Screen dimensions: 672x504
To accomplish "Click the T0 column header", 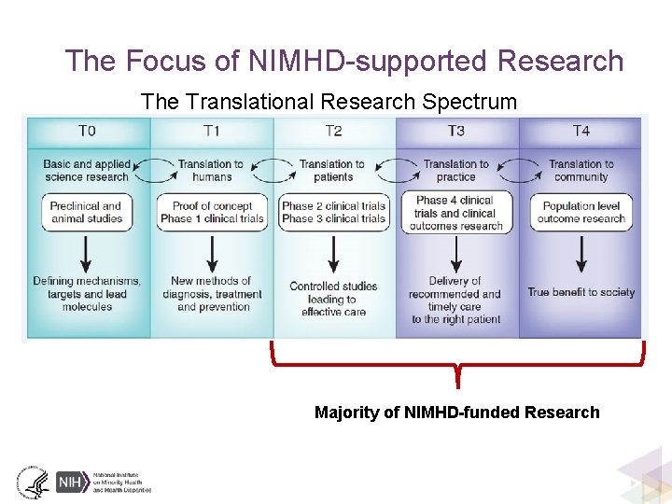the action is click(x=87, y=132).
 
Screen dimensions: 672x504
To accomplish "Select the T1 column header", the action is click(x=212, y=132).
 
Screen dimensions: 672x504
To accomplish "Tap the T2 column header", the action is click(x=333, y=132).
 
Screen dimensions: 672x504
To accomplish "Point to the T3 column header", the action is click(x=456, y=132).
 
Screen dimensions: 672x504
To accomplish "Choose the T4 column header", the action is click(x=581, y=132).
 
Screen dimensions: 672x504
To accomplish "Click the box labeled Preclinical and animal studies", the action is click(x=86, y=212).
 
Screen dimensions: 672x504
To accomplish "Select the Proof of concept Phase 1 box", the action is click(x=212, y=212).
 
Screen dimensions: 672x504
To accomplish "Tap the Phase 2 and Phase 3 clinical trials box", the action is click(x=333, y=212).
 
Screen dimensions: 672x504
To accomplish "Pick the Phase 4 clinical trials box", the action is click(x=455, y=213).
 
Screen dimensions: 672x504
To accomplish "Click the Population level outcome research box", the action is click(x=581, y=212).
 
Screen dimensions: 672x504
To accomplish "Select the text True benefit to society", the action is click(x=581, y=292).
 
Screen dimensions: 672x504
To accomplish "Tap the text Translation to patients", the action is click(x=333, y=171).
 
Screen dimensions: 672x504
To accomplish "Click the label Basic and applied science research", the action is click(x=87, y=171).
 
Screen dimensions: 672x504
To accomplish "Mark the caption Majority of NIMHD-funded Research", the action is click(x=457, y=413).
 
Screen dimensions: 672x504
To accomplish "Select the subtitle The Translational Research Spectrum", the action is click(x=329, y=102).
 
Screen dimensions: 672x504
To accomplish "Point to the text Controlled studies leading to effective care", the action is click(x=333, y=299).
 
